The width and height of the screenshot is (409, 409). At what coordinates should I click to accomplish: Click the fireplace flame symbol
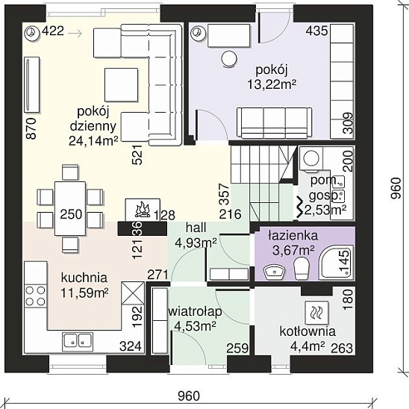143,210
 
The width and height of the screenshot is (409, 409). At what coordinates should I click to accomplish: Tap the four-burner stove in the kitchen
36,296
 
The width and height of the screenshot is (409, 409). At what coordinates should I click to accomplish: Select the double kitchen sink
78,341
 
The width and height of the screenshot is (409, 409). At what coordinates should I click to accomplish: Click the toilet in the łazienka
302,269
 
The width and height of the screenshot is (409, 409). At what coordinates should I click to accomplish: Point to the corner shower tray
336,263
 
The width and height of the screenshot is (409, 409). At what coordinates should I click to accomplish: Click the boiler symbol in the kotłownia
316,313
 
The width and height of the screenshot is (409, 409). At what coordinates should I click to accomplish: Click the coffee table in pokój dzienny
122,85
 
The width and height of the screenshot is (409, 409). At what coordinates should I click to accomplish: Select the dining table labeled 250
70,208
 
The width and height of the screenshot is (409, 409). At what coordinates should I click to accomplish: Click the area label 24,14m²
93,141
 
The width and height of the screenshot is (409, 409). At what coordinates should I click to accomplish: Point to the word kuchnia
84,278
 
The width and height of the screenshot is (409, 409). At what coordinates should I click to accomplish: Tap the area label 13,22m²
272,84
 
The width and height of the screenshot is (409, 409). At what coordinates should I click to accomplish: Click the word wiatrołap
195,312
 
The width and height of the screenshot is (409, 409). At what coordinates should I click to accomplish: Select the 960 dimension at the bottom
189,396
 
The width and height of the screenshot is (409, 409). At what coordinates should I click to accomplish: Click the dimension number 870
31,128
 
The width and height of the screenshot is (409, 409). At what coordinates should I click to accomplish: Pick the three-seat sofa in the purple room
275,122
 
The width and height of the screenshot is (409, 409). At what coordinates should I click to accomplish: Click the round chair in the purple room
229,59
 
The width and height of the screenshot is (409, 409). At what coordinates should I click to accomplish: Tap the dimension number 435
316,31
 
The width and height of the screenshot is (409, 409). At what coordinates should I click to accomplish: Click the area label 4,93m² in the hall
196,243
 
